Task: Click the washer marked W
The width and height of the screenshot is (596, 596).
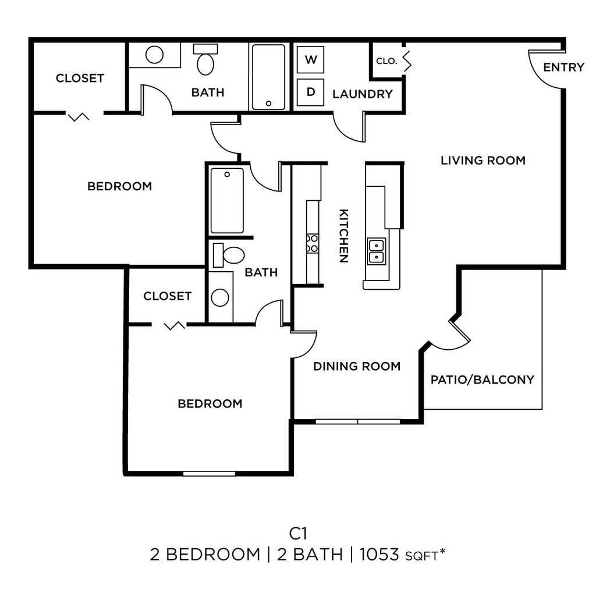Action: click(x=310, y=60)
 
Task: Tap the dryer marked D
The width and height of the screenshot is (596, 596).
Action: click(x=310, y=92)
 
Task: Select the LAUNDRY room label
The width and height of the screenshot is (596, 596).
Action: click(x=363, y=94)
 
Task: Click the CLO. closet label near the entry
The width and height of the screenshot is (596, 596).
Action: click(x=386, y=61)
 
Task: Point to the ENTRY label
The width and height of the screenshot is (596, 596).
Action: click(x=563, y=68)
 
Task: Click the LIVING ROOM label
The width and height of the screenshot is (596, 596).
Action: click(x=483, y=161)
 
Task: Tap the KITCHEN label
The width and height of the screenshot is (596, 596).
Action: click(x=343, y=236)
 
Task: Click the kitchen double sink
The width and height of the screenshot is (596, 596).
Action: click(x=377, y=251)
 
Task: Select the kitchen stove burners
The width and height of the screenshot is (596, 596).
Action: click(x=312, y=244)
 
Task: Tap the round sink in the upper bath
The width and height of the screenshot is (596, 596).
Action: click(x=154, y=55)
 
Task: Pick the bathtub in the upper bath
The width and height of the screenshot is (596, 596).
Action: click(x=269, y=77)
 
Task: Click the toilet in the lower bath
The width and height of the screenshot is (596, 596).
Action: click(x=229, y=255)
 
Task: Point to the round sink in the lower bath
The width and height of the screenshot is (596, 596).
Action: click(x=220, y=297)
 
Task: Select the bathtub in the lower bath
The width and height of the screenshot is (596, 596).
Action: click(x=227, y=200)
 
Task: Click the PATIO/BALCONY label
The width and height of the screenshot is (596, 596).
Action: click(x=483, y=379)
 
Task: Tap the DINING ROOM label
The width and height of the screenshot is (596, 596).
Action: click(x=357, y=366)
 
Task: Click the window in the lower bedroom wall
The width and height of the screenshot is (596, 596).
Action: click(x=209, y=474)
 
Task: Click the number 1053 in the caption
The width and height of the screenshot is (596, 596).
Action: click(x=379, y=555)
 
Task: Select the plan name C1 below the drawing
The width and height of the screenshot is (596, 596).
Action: click(x=298, y=534)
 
